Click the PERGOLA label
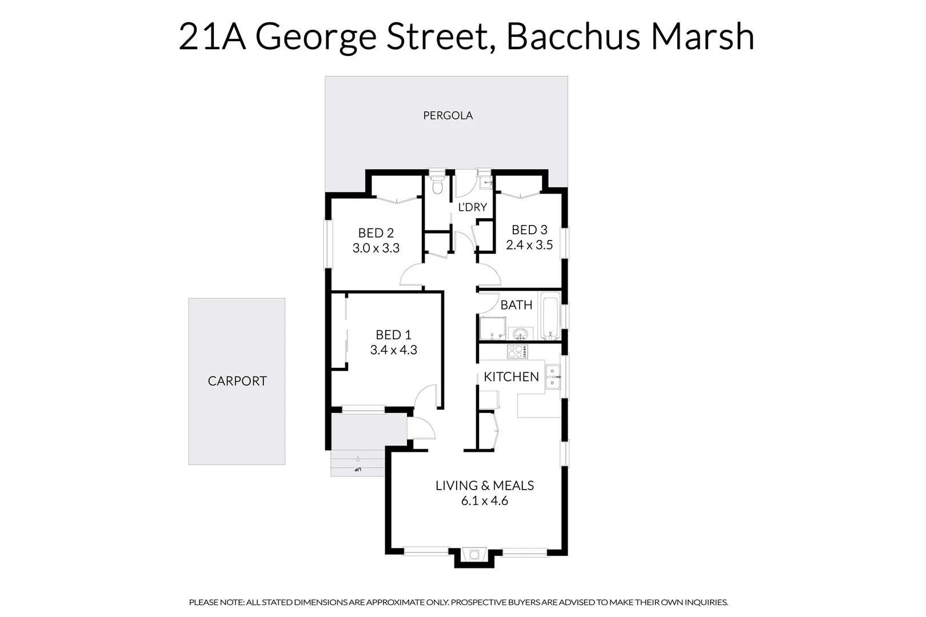pos(448,115)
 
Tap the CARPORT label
pos(237,381)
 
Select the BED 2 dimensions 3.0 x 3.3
pos(376,249)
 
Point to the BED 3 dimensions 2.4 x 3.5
pos(529,245)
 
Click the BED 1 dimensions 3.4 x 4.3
pos(393,350)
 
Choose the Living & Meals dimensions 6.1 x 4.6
pos(484,501)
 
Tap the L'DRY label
pos(472,207)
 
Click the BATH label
pos(516,305)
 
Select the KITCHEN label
pos(511,377)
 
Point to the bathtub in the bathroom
pos(550,315)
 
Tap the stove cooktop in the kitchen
pos(517,352)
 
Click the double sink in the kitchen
pos(553,377)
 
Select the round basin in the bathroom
pos(520,334)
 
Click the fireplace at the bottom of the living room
pos(474,555)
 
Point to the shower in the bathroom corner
pos(492,329)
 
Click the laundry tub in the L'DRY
pos(485,182)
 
